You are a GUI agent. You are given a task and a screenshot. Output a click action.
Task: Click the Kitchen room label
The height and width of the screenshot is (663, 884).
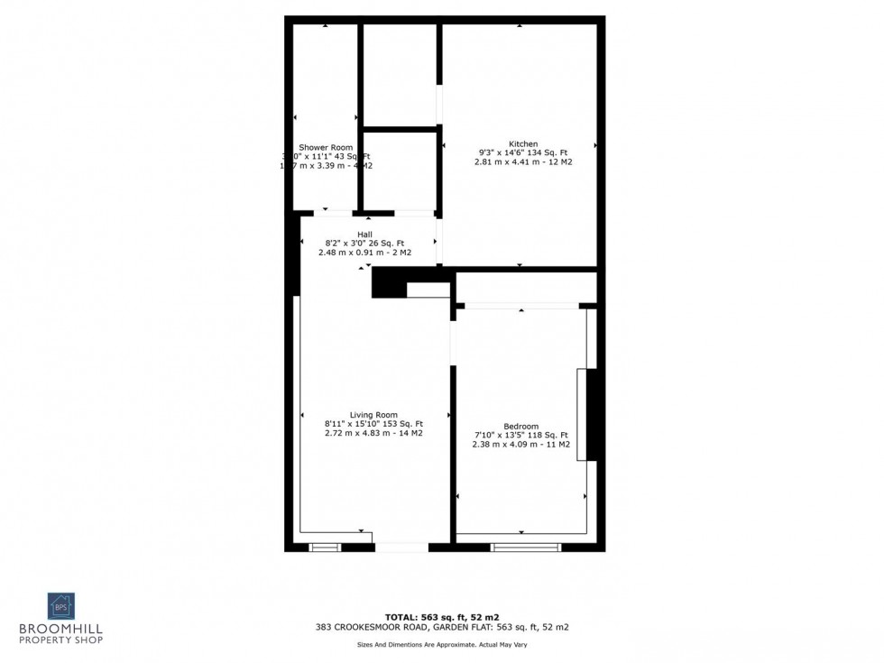click(523, 144)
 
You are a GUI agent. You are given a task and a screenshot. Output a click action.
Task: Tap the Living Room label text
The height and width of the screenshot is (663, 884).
click(373, 415)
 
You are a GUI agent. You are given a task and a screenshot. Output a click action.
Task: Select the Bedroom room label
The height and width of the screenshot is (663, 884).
click(521, 427)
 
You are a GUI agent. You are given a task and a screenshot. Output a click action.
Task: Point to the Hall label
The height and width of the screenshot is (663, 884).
click(364, 235)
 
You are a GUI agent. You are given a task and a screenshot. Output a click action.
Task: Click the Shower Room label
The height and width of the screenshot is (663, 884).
click(326, 147)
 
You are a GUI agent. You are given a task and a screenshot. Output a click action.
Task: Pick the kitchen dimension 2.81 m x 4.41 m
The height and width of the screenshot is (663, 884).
click(523, 162)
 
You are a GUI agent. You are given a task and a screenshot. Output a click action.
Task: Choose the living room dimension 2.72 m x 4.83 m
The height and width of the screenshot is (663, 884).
click(373, 433)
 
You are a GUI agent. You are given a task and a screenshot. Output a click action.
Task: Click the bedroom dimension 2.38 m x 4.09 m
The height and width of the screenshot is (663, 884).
click(520, 444)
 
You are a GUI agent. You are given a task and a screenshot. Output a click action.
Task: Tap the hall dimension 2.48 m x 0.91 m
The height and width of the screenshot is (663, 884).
click(364, 253)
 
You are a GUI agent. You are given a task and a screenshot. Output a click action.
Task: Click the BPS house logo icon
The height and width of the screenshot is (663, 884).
click(61, 606)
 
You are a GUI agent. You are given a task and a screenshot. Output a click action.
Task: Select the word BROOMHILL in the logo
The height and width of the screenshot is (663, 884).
click(61, 628)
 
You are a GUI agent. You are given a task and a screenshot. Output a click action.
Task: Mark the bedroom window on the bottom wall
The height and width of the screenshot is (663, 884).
click(526, 547)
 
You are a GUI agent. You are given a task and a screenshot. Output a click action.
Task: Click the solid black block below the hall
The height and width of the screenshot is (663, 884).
click(389, 282)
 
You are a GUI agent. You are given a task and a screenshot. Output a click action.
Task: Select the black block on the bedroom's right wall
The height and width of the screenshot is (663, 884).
click(594, 415)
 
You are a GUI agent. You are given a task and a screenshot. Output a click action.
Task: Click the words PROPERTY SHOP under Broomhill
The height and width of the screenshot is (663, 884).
click(61, 640)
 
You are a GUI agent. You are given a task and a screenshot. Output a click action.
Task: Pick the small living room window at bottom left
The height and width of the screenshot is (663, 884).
click(325, 547)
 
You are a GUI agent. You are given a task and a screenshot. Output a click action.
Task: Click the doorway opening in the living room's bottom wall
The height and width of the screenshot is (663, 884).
click(401, 547)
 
